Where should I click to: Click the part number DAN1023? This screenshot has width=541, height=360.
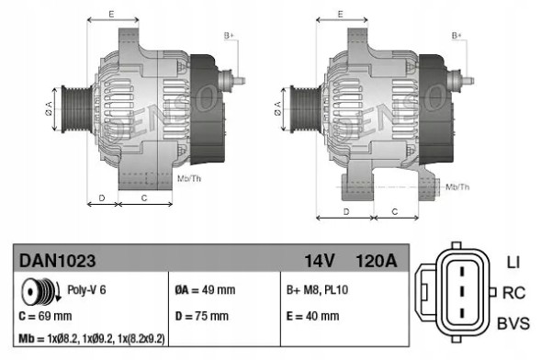[x=57, y=261]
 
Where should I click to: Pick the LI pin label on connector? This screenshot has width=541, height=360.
[x=513, y=263]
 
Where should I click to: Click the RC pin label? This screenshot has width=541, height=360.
[x=513, y=293]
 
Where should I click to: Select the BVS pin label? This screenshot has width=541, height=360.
[x=513, y=324]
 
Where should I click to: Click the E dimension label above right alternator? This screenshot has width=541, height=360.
[x=339, y=13]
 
